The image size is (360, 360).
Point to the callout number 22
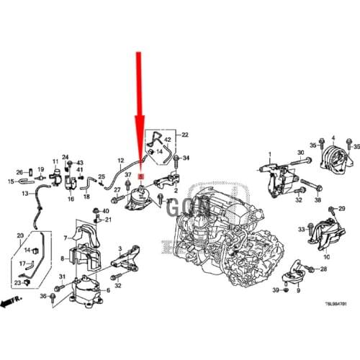185,135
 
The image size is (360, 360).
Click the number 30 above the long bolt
301,152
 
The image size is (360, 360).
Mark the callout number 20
19,235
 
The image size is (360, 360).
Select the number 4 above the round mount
333,137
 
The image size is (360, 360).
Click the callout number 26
19,172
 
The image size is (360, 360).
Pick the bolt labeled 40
96,211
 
